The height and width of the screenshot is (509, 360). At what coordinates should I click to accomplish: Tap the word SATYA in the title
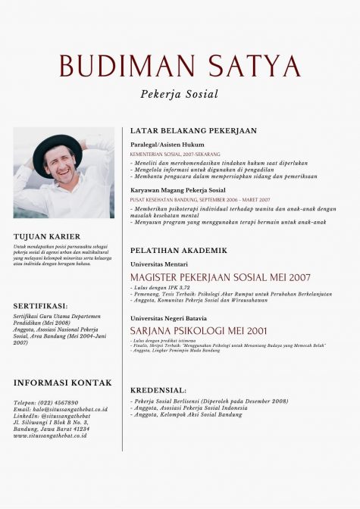[x=252, y=66]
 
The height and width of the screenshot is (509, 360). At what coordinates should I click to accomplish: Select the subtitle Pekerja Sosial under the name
[x=180, y=95]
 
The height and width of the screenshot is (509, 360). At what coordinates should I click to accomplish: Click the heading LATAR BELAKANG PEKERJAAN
[x=193, y=130]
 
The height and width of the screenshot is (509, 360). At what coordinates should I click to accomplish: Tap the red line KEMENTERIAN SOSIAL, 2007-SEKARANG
[x=171, y=154]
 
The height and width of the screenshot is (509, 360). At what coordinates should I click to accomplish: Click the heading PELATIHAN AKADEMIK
[x=178, y=250]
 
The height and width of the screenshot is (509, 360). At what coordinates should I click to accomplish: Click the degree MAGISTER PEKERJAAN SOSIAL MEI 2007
[x=221, y=277]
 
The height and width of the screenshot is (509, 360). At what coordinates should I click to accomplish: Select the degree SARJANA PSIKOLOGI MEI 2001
[x=199, y=331]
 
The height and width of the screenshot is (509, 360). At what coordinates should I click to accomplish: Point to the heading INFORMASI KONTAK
[x=62, y=383]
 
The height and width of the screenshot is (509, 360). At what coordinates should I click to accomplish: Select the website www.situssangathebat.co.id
[x=50, y=436]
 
